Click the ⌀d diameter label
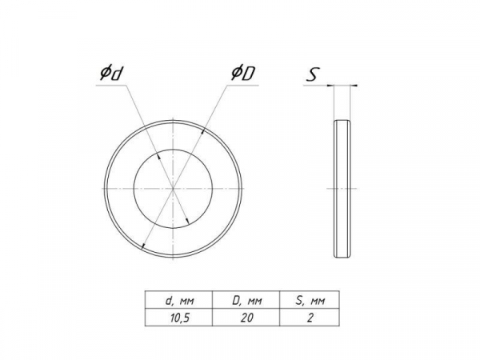[110, 74]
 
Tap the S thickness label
[313, 74]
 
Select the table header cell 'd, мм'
[178, 299]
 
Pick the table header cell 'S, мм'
[310, 299]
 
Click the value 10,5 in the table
[180, 318]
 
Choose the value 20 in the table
[246, 318]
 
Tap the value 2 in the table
[310, 318]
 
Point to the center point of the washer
[174, 189]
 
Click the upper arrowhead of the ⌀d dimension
[158, 156]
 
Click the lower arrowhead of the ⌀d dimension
[188, 222]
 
